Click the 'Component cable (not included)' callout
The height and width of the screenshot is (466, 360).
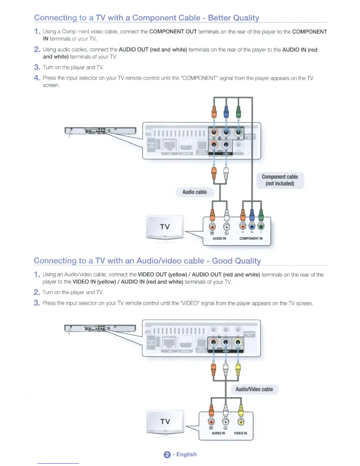280,180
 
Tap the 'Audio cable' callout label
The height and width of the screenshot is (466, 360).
194,192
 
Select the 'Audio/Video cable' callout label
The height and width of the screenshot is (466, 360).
254,389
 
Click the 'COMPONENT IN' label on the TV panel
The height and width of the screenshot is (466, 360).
251,238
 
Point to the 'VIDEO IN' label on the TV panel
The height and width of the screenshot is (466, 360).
240,433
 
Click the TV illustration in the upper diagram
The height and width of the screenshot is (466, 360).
165,227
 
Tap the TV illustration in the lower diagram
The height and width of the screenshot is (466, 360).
165,422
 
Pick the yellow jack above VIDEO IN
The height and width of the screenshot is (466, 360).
241,422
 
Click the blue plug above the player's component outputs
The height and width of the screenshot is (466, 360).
226,112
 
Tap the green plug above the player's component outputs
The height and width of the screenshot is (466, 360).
238,112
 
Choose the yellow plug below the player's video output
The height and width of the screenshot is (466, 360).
238,369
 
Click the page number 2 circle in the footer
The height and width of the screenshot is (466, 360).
167,455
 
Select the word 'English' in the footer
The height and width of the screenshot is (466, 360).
186,455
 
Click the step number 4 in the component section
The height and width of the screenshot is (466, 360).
37,78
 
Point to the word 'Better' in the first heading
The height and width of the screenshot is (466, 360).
219,18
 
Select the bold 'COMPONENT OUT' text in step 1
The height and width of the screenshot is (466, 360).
173,32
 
